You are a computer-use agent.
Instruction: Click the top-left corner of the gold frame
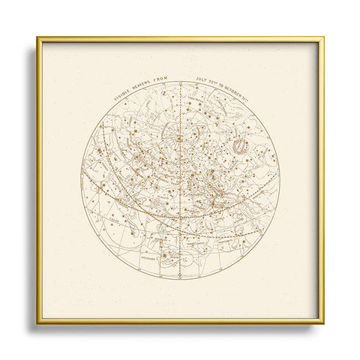(37, 37)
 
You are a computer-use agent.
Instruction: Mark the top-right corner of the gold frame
(322, 37)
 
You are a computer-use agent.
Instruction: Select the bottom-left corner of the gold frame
(37, 322)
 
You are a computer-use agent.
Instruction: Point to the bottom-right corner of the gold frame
(322, 322)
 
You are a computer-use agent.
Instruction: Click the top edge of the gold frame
(180, 37)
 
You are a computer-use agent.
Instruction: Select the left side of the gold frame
(37, 180)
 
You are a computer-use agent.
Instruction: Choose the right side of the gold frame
(322, 180)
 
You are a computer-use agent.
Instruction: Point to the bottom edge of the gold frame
(180, 322)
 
